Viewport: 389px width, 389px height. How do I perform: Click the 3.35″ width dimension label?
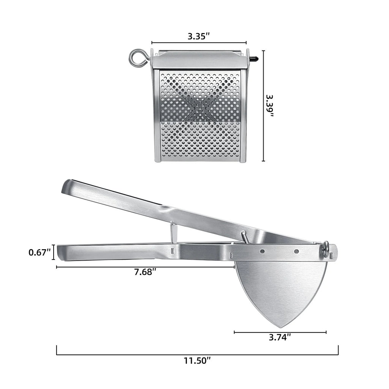pyautogui.click(x=199, y=36)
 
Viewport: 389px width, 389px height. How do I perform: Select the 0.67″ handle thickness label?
pyautogui.click(x=40, y=252)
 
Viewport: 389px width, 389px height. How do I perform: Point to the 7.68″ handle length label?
pyautogui.click(x=145, y=272)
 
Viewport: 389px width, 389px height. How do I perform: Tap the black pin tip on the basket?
pyautogui.click(x=255, y=59)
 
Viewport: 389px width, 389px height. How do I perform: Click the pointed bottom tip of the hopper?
pyautogui.click(x=280, y=327)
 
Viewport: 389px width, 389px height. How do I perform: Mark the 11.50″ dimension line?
pyautogui.click(x=197, y=354)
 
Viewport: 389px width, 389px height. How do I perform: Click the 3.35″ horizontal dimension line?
pyautogui.click(x=199, y=43)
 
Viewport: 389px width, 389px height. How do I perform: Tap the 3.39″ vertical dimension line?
pyautogui.click(x=263, y=106)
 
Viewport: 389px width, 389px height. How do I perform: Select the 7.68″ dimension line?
pyautogui.click(x=145, y=267)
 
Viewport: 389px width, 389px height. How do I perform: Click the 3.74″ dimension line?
pyautogui.click(x=280, y=332)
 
